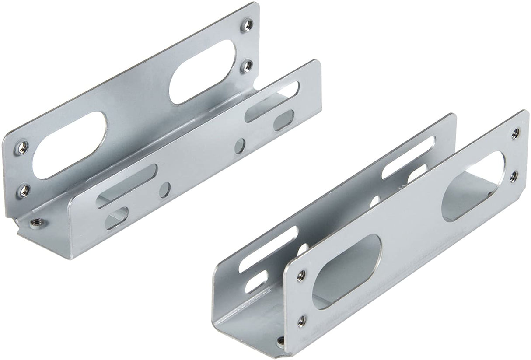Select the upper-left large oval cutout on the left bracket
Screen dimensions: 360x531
point(203,71)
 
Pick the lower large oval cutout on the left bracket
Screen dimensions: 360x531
point(70,145)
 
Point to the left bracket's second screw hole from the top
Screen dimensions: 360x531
point(248,66)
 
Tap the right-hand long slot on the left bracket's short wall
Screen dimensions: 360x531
point(272,101)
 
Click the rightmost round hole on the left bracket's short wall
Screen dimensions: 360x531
point(239,146)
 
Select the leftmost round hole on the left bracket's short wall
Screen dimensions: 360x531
point(164,190)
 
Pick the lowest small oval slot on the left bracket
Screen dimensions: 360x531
point(117,217)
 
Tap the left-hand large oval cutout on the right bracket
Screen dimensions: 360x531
point(346,271)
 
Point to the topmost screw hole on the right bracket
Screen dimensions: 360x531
point(516,133)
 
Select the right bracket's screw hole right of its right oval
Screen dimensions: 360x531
point(514,176)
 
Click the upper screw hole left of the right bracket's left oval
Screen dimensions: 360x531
point(301,276)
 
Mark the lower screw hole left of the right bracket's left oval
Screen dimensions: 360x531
point(301,321)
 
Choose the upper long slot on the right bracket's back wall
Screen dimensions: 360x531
point(409,158)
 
